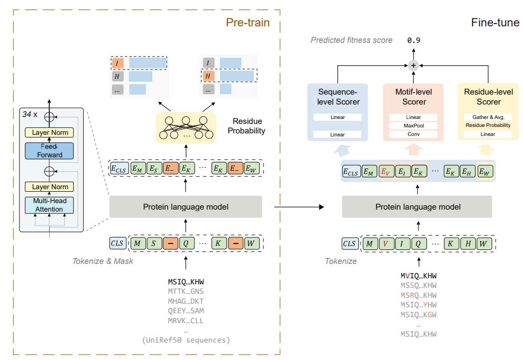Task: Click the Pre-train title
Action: (x=247, y=22)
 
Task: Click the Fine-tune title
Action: (x=495, y=23)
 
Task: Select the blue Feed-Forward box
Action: (x=49, y=151)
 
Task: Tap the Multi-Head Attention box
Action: (x=49, y=205)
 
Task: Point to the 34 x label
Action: (x=30, y=114)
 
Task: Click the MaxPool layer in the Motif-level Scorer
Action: (x=413, y=125)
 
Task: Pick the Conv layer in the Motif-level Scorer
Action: (x=413, y=134)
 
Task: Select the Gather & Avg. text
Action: (x=488, y=117)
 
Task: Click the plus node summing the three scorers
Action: (x=413, y=65)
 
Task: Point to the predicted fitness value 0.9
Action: (x=414, y=40)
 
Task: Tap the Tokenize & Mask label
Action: (x=103, y=261)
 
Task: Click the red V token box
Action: (x=385, y=243)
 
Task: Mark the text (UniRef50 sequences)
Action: (x=186, y=341)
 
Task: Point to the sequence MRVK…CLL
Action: (x=186, y=321)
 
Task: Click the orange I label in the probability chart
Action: (x=117, y=63)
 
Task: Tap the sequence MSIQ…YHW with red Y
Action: (x=418, y=305)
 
